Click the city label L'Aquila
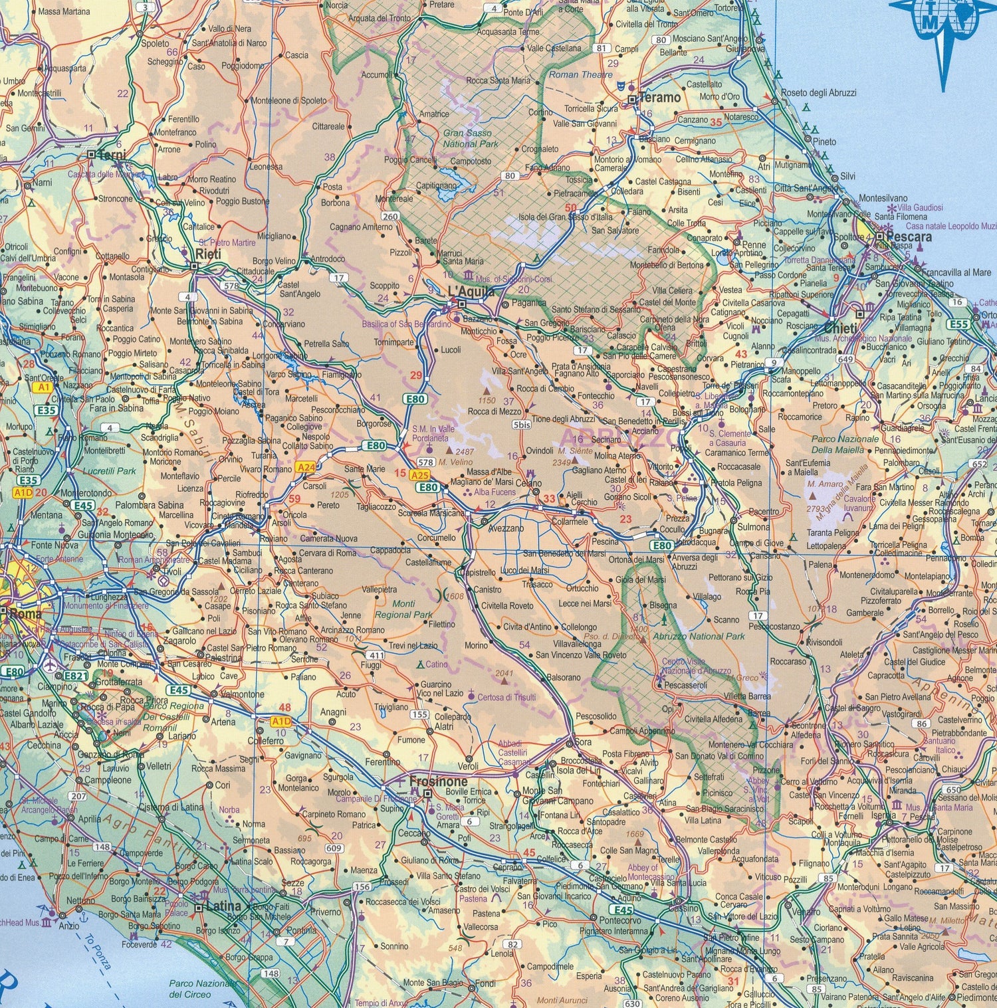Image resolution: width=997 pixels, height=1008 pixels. coord(471,292)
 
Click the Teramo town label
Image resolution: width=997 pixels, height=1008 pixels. coord(660,98)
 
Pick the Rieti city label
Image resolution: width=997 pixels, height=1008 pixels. coord(208,254)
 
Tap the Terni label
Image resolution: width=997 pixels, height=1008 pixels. coord(111,155)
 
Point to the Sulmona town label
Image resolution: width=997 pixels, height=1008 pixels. coord(754,527)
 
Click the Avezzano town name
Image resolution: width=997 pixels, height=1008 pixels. coord(506,528)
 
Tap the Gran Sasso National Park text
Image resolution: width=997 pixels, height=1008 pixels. coord(470,138)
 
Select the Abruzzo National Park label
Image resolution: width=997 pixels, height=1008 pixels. coord(699,636)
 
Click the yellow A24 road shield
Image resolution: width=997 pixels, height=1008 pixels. coord(305,468)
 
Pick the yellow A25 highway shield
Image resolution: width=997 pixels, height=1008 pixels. coord(419,475)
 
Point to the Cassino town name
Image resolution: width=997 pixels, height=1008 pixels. coord(684,908)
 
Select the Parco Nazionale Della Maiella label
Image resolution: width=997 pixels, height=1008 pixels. coord(844,445)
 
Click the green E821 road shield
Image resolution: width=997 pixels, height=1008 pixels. coord(76,676)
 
